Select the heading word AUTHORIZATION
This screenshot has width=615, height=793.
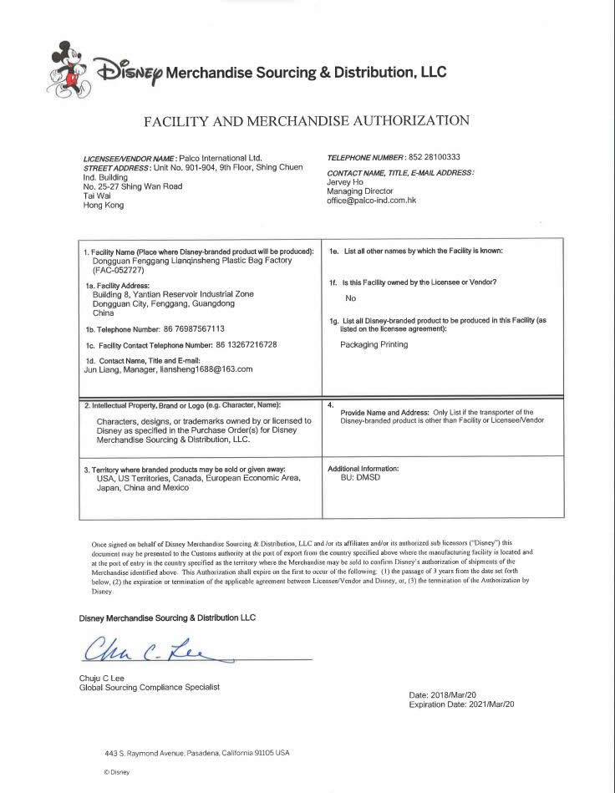(399, 121)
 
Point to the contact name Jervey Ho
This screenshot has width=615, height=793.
(344, 182)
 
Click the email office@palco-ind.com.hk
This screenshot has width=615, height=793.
(371, 201)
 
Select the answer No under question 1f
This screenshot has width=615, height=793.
(351, 298)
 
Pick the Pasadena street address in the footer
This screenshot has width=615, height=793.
(197, 752)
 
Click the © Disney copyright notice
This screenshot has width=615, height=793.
(118, 772)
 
